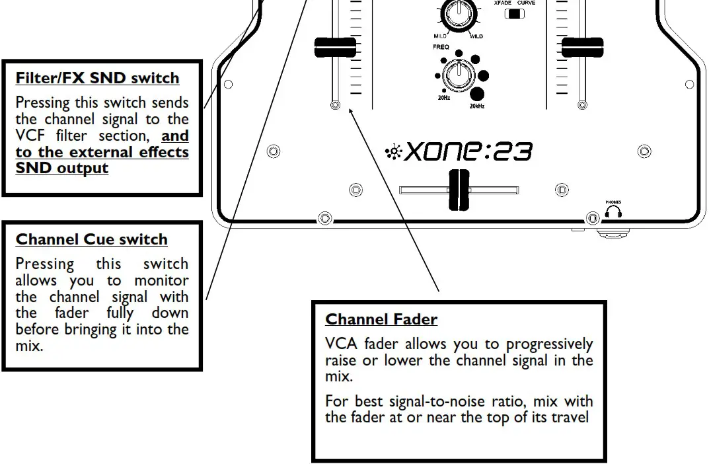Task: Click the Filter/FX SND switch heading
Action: [97, 78]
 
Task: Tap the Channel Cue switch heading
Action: [91, 239]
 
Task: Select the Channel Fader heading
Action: [381, 319]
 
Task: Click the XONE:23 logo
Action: [460, 152]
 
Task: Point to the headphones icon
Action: [613, 213]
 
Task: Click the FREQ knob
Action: [456, 75]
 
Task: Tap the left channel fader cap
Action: [335, 48]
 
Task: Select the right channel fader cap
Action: [581, 48]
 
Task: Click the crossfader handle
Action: [459, 190]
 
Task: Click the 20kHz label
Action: [476, 106]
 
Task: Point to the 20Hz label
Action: [443, 98]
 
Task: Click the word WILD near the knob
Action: [476, 36]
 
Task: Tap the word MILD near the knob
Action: [440, 36]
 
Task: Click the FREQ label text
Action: [441, 48]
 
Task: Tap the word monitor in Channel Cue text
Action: [161, 280]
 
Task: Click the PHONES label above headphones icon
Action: [613, 202]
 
